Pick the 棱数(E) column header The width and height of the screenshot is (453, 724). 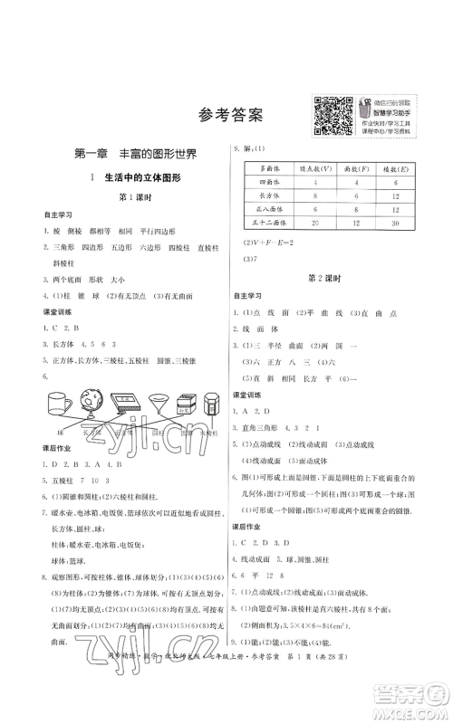394,168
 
